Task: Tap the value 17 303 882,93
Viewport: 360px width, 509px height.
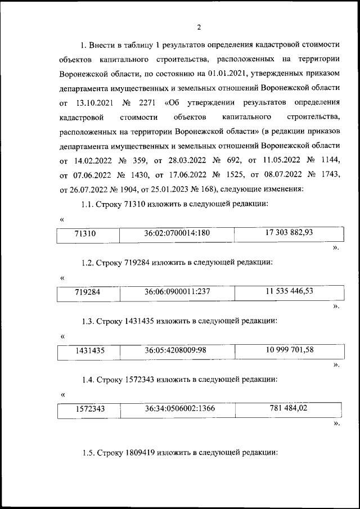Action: point(289,232)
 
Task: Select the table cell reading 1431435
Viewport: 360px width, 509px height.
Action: point(90,352)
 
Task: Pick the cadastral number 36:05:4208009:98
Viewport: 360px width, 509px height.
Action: point(175,350)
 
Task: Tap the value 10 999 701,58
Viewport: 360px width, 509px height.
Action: point(289,349)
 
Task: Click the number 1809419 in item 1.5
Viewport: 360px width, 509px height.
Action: point(141,452)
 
